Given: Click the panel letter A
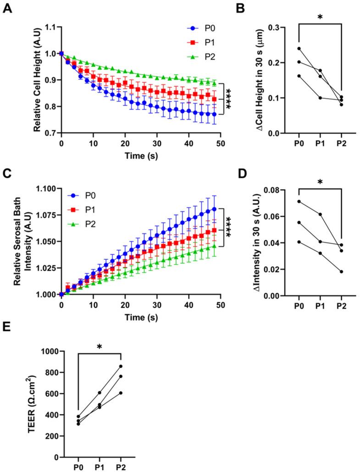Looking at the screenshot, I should (x=7, y=9).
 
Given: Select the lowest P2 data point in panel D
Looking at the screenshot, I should (x=341, y=272).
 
